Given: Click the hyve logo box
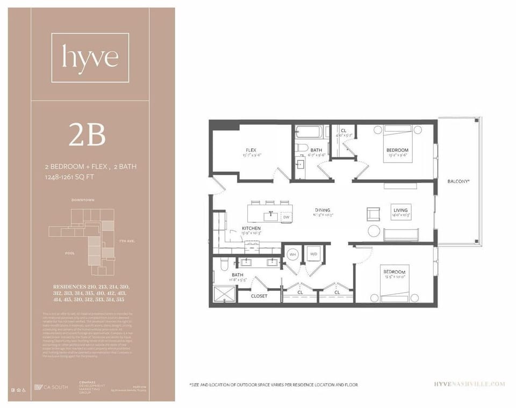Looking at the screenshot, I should tap(90, 57).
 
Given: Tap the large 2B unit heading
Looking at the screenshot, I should tap(87, 135).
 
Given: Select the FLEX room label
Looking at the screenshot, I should tap(250, 150).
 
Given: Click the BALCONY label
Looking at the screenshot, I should tap(458, 181).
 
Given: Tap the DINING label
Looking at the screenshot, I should tap(323, 210).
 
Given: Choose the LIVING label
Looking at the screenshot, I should tap(400, 210).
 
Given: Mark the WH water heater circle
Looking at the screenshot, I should tap(293, 254).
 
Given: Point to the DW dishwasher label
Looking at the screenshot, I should tap(286, 217).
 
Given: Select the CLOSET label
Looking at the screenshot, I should tap(260, 296).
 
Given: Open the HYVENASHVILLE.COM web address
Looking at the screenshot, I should tap(469, 384).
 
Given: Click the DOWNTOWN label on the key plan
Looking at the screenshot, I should tap(83, 200).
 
